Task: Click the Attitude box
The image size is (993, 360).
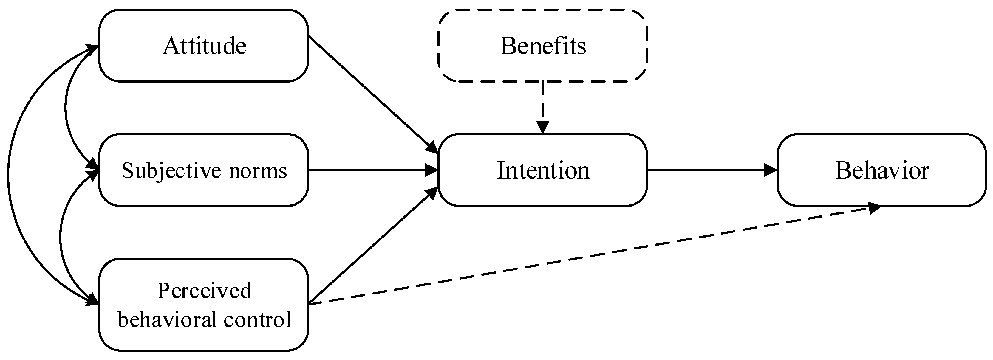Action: tap(204, 46)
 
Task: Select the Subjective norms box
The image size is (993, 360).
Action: tap(204, 170)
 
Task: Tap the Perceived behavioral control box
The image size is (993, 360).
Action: tap(204, 305)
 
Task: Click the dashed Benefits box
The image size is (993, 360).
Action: tap(542, 46)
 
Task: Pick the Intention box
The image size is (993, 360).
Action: tap(542, 170)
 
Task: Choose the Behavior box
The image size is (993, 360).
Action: tap(881, 170)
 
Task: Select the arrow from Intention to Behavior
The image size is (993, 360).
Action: tap(711, 170)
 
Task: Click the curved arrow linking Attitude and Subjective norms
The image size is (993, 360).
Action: tap(66, 108)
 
